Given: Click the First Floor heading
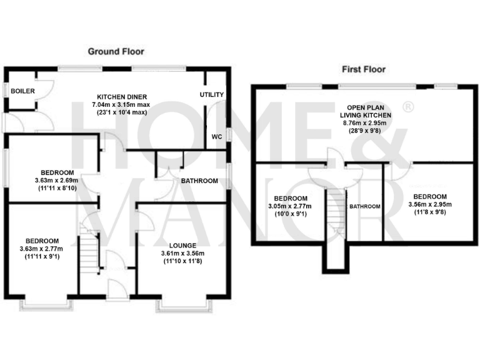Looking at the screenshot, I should (x=363, y=69).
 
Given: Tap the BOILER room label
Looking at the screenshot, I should (x=22, y=91).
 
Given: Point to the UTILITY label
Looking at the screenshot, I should (x=211, y=94).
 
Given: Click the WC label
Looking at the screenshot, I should (x=216, y=136).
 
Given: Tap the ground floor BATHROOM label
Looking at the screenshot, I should (x=199, y=181).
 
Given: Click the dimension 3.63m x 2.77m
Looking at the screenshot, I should (x=42, y=248).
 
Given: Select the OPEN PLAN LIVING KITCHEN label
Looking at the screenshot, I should (x=366, y=111).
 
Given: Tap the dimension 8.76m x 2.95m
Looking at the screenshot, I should (x=366, y=124).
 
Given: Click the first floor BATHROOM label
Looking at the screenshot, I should (x=364, y=206).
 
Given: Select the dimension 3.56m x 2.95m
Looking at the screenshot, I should (x=429, y=204).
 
